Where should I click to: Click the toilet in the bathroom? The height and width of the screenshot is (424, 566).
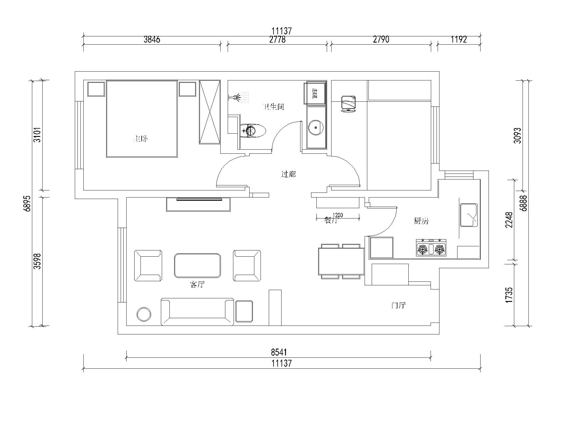click(x=253, y=130)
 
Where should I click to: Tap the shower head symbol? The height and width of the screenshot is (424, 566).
click(x=236, y=97)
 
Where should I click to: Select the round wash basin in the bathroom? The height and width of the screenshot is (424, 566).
click(x=316, y=127)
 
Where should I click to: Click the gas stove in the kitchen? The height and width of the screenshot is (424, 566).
click(x=431, y=248)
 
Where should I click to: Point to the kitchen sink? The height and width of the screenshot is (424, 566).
click(x=468, y=215)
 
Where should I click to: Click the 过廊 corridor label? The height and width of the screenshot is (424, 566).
click(x=288, y=174)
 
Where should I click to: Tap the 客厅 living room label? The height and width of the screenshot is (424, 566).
click(x=197, y=285)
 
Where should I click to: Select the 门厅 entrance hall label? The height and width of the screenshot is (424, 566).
click(x=398, y=305)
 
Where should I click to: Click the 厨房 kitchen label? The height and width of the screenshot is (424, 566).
click(x=421, y=221)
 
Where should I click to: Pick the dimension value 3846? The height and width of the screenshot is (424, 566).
click(x=152, y=40)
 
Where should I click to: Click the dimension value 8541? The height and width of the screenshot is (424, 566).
click(x=279, y=352)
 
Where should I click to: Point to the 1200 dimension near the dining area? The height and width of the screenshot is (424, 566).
click(x=338, y=215)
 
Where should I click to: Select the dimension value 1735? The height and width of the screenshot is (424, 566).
click(x=509, y=295)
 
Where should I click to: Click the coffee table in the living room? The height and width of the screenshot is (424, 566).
click(x=197, y=265)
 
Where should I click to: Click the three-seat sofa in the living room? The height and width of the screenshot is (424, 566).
click(x=197, y=312)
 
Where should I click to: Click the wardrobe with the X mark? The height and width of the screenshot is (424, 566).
click(x=209, y=112)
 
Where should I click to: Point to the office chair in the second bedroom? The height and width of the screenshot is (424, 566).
click(x=348, y=103)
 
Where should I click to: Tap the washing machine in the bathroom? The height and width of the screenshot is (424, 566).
click(x=315, y=93)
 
